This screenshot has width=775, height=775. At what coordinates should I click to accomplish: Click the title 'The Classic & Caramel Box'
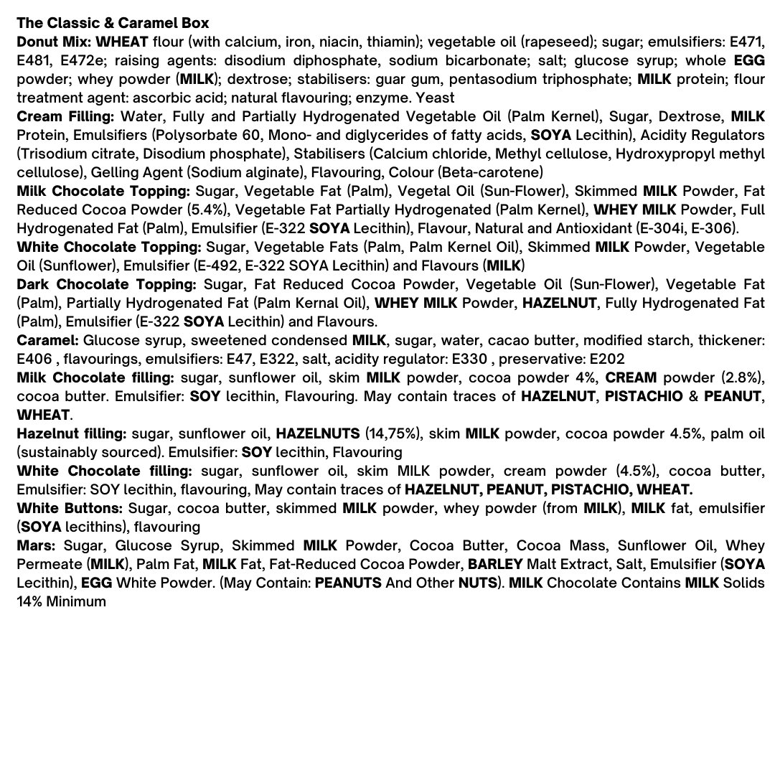(x=113, y=24)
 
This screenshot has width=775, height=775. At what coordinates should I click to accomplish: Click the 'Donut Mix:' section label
(x=54, y=42)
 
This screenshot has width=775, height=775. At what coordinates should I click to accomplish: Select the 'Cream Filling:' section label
(x=65, y=117)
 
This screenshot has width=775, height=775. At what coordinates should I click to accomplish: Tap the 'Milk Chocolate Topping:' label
(x=103, y=192)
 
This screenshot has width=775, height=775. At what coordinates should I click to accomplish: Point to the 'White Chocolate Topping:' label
(x=108, y=248)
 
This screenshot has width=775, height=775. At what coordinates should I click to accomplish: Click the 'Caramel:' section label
(x=47, y=341)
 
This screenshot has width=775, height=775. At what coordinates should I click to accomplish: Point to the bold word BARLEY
(x=494, y=565)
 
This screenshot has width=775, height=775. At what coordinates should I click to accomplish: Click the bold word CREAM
(x=631, y=378)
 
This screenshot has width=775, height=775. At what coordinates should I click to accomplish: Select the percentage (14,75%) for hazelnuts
(x=390, y=434)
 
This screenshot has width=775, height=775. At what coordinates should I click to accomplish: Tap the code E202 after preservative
(x=607, y=360)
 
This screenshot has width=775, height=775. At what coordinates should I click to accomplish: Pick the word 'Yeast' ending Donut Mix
(x=435, y=98)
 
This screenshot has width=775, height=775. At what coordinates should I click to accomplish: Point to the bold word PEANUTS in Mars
(x=348, y=583)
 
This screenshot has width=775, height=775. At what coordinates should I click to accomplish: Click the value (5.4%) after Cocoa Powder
(x=207, y=210)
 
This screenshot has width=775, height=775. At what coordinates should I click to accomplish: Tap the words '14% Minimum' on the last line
(x=61, y=602)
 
